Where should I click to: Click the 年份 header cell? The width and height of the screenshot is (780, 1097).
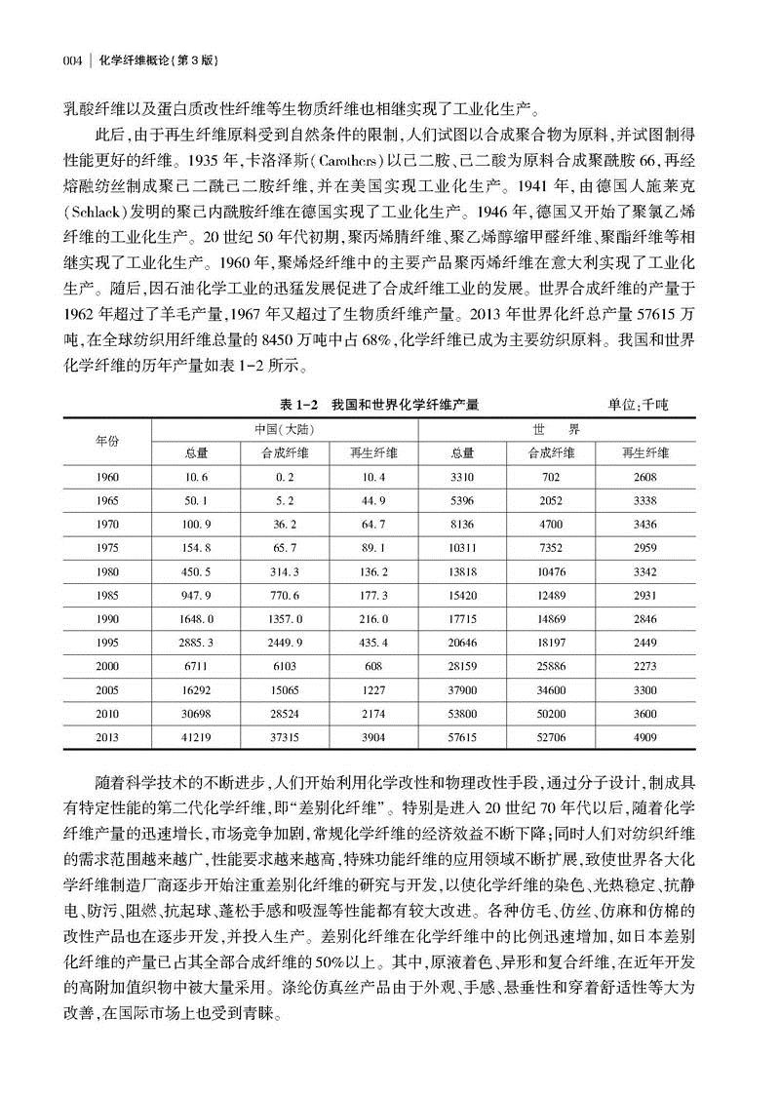point(106,440)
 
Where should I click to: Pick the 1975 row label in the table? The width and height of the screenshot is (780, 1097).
point(106,549)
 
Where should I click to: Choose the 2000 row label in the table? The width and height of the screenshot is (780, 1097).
point(106,667)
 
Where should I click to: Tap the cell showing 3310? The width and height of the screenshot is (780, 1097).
point(462,476)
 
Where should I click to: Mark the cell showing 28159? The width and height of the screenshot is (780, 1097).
point(462,667)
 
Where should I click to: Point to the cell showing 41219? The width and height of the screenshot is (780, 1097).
point(195,738)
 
